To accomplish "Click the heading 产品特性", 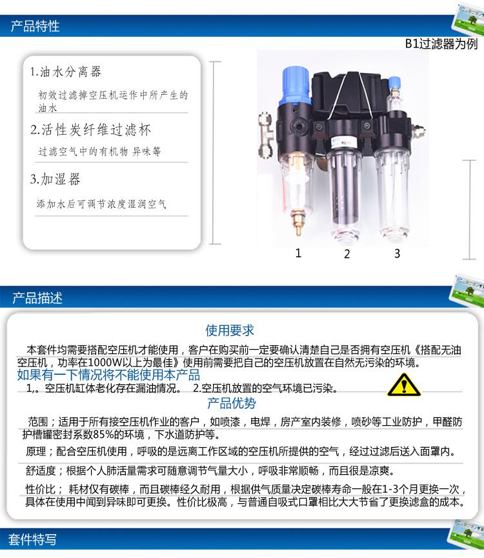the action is coord(35,26).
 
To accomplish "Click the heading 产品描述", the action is coord(37,298).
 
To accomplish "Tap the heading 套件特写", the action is coord(32,539).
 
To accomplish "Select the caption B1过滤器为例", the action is coord(441,44).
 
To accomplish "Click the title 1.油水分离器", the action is coord(66,72).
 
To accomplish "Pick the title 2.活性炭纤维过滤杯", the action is coord(91,130).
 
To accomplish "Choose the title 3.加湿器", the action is coord(55,179).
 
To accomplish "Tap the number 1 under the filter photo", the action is coord(298,253).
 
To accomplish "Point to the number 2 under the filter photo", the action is coord(347,254).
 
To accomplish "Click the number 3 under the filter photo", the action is coord(397,254).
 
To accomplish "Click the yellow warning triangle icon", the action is coord(404,385).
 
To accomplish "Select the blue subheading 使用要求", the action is coord(230,330).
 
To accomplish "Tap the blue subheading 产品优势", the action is coord(231,403).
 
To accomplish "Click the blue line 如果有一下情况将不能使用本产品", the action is coord(108,375).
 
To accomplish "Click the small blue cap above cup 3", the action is coord(394,83).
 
